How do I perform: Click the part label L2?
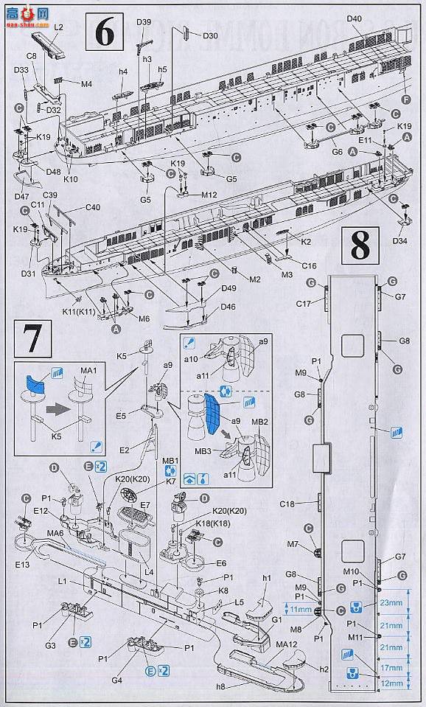pos(59,27)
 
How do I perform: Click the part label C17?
pos(304,303)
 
